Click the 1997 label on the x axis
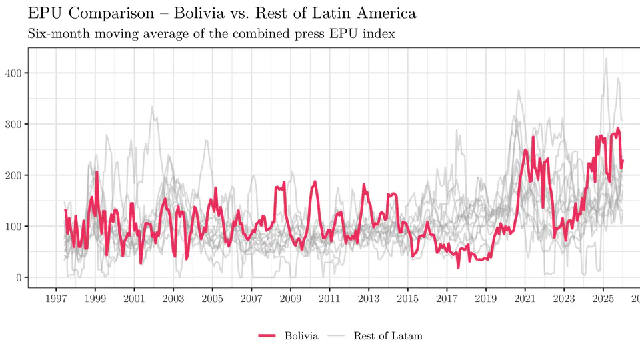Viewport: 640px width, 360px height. (56, 299)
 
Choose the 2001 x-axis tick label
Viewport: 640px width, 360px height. (134, 299)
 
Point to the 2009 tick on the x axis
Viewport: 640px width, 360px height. (291, 299)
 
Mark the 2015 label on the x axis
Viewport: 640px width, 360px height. (408, 299)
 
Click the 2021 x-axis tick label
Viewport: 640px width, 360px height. (525, 299)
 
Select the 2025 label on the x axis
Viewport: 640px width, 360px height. (603, 299)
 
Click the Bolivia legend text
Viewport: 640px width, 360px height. (301, 336)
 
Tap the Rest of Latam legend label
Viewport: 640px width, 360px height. (388, 336)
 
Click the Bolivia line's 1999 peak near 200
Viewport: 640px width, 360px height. (97, 172)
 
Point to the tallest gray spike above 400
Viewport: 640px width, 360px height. (606, 59)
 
